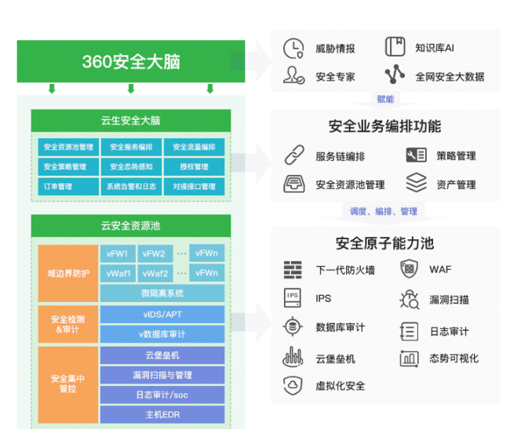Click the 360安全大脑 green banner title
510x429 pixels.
[x=131, y=62]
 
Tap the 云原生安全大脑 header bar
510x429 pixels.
[x=131, y=120]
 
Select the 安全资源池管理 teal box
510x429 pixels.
[x=68, y=147]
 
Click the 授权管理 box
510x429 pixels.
[x=194, y=167]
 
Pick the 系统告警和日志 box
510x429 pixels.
[x=131, y=187]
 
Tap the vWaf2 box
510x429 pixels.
[x=155, y=273]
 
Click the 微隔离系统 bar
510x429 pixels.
[x=162, y=293]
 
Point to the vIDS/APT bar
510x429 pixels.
[x=162, y=314]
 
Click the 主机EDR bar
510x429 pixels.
[x=162, y=414]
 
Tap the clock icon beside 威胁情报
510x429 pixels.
[x=293, y=48]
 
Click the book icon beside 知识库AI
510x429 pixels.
[x=395, y=47]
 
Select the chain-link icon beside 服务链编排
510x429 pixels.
[x=293, y=155]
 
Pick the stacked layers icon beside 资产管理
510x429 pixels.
[x=416, y=184]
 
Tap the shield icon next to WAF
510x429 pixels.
[x=409, y=270]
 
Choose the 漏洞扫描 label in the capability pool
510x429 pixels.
[x=449, y=300]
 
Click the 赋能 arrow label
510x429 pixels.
[x=384, y=99]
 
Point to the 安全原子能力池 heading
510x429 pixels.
[x=384, y=243]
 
